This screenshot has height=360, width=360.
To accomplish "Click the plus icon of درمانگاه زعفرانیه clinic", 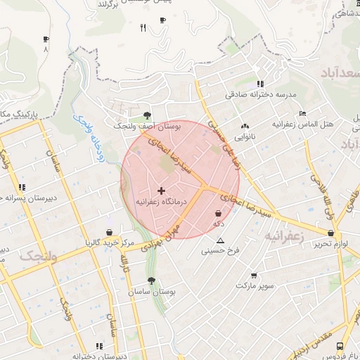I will (x=162, y=191).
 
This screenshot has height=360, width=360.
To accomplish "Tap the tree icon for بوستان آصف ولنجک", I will (x=147, y=115).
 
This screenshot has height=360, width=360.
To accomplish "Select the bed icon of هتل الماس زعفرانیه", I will (x=302, y=113).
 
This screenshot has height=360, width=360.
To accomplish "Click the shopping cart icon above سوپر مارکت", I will (x=253, y=276).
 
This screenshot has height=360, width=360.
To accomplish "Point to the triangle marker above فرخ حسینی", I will (x=221, y=240).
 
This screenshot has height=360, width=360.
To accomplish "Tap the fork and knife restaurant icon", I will (x=143, y=27).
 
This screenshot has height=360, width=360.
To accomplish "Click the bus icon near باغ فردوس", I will (x=340, y=346).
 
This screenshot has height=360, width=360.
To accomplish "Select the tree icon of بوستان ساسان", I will (x=151, y=281).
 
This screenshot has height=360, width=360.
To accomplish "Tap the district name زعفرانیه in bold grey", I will (x=285, y=237).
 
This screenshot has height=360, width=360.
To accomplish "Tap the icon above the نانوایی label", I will (x=245, y=125).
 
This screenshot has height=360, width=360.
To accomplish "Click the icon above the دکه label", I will (x=218, y=213).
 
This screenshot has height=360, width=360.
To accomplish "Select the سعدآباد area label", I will (x=340, y=72).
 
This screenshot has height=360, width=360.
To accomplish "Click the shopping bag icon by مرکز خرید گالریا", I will (x=109, y=232).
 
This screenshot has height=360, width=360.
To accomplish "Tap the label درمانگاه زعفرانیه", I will (x=162, y=202).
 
